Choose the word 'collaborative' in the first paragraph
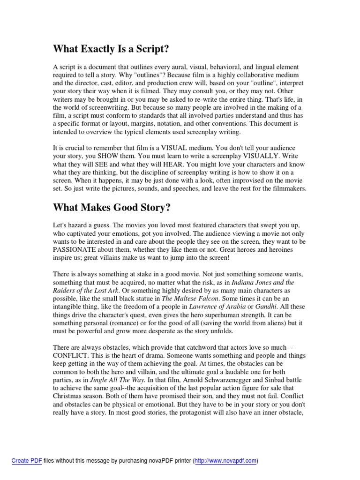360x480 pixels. pos(239,75)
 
